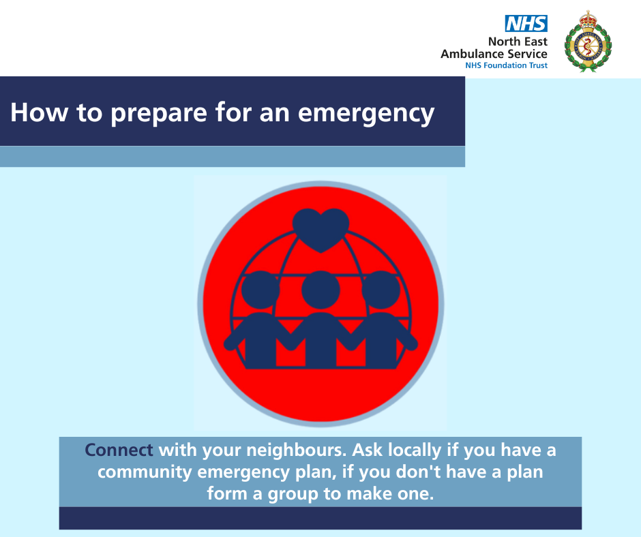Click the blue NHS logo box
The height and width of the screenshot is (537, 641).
526,24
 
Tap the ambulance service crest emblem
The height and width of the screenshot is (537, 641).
588,42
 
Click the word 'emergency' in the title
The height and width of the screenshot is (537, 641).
366,113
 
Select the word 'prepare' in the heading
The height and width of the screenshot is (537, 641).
159,113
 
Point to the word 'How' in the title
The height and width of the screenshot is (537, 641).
40,112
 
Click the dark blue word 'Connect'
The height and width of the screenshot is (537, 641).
119,450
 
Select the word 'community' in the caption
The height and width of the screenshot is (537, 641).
145,472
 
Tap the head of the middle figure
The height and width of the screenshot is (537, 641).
321,290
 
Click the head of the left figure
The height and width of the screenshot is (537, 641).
260,290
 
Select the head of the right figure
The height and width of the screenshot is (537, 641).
381,290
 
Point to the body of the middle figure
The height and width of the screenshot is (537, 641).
321,340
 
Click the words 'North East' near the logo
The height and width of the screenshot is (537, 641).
518,42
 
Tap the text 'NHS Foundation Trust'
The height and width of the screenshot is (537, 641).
506,65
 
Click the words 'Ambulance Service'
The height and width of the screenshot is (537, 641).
494,54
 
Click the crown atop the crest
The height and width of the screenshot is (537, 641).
588,20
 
